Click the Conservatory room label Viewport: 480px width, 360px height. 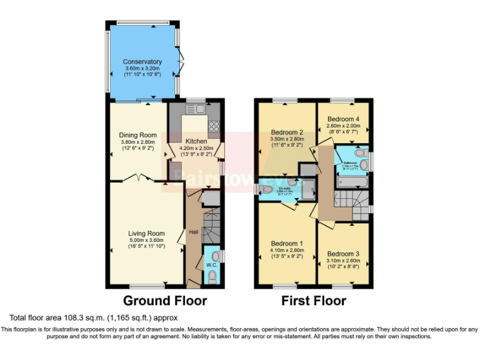(x=142, y=62)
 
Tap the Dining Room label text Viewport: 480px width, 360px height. (x=138, y=135)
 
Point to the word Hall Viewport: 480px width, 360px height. (x=194, y=232)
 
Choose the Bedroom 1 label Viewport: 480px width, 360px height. (x=287, y=243)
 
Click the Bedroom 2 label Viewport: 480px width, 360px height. (x=287, y=132)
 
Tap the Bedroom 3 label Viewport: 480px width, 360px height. (x=343, y=254)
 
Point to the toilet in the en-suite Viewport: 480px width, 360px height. (x=266, y=189)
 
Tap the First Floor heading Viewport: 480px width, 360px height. (x=313, y=301)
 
